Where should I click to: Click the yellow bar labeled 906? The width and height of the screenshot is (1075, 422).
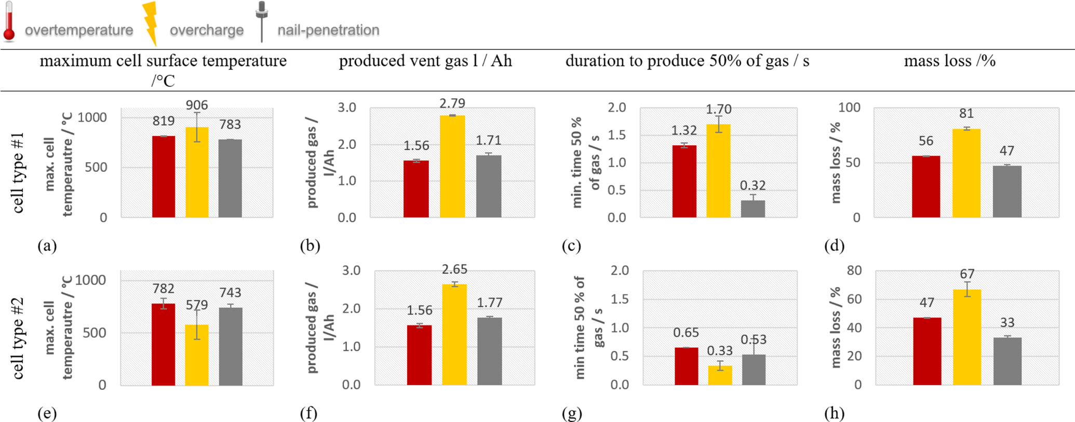(x=197, y=172)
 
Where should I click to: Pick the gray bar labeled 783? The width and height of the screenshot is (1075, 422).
(x=230, y=178)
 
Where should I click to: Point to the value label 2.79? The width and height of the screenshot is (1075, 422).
(x=452, y=103)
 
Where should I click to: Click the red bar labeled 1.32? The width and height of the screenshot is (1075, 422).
(x=684, y=181)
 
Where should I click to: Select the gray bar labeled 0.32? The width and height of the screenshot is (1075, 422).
(x=752, y=209)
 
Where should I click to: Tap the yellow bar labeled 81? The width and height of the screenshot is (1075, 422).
(x=966, y=173)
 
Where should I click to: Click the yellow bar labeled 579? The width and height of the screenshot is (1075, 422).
(x=197, y=355)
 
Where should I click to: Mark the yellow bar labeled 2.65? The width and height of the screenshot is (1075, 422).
(x=454, y=334)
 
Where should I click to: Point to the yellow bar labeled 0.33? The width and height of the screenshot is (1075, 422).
(x=720, y=375)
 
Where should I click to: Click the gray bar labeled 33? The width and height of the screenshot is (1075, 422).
(x=1007, y=361)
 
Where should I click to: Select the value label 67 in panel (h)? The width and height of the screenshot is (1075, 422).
(x=967, y=274)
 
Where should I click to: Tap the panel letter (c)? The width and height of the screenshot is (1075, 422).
(x=571, y=246)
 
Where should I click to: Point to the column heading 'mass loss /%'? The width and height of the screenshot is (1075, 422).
(x=949, y=61)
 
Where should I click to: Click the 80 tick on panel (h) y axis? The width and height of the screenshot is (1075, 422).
(x=854, y=270)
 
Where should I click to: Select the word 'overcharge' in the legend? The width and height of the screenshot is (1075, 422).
(x=207, y=31)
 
